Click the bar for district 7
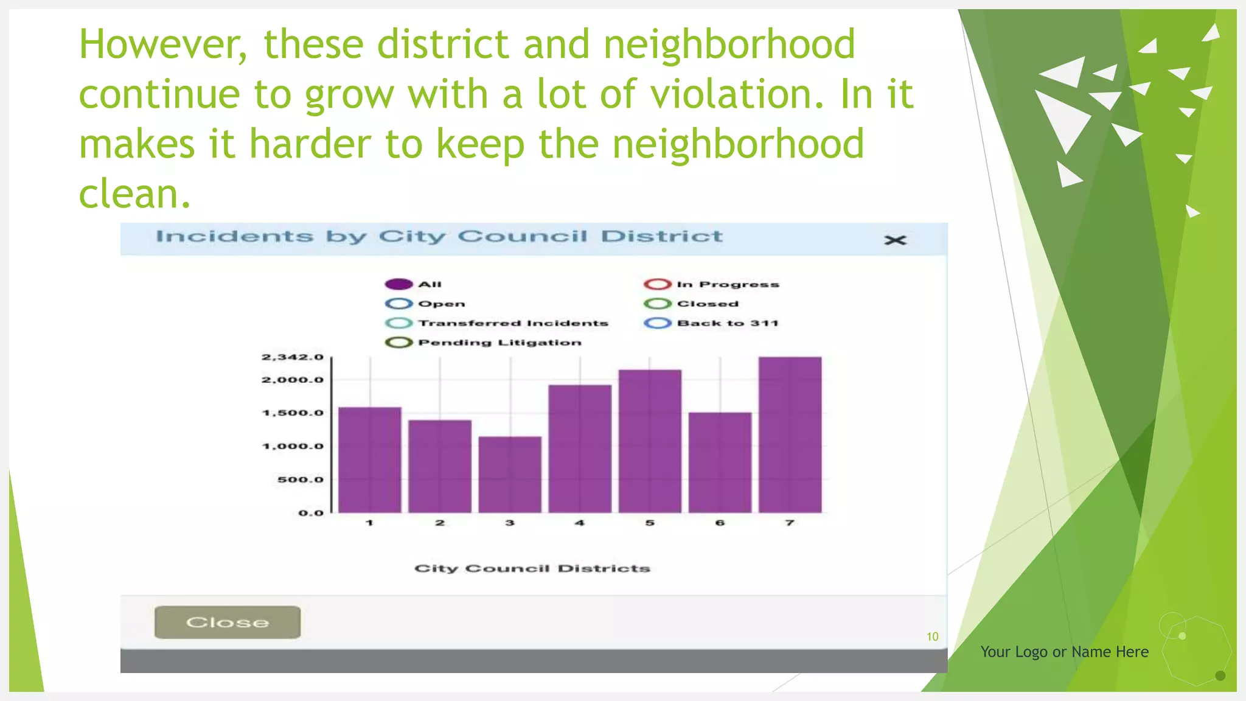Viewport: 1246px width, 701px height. [x=790, y=434]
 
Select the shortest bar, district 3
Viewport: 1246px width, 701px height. [x=510, y=474]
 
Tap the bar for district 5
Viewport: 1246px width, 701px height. [x=650, y=441]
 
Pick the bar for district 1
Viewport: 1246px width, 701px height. [x=369, y=459]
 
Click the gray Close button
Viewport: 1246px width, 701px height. [x=228, y=622]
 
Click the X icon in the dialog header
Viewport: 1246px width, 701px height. [x=895, y=240]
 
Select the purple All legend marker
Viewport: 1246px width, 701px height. [x=399, y=284]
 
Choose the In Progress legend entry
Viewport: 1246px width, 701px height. [x=711, y=284]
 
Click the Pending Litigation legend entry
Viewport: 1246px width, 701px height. [x=483, y=343]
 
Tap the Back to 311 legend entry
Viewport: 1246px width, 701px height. [x=711, y=323]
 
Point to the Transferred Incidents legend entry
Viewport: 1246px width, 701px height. [x=496, y=323]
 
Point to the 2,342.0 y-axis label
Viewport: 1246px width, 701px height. [x=293, y=357]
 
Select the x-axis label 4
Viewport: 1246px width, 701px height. [x=580, y=523]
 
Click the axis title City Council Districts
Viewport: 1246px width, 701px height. [x=532, y=568]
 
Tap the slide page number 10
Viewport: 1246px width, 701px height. [x=932, y=636]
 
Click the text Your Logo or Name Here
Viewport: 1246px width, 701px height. [x=1064, y=652]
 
